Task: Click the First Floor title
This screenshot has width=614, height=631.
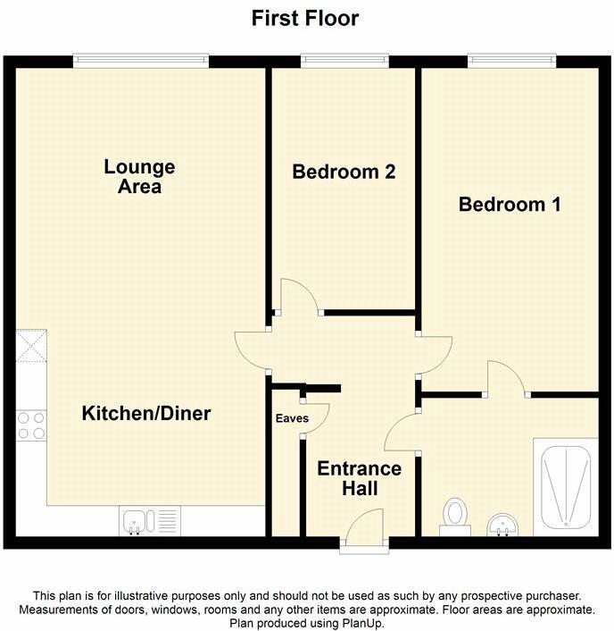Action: (305, 18)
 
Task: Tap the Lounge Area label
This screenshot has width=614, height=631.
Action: (139, 176)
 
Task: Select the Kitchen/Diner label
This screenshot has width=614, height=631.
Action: (146, 413)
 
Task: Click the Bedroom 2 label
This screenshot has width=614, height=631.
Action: (344, 172)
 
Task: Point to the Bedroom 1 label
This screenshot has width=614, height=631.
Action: (509, 205)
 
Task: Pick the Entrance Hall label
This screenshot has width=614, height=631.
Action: (360, 478)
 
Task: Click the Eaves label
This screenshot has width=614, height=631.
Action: (291, 418)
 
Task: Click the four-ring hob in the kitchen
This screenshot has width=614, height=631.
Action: (30, 425)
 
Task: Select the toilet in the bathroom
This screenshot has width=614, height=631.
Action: (456, 516)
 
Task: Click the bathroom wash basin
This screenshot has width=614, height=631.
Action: (504, 525)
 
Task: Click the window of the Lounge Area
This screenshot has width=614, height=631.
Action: (141, 61)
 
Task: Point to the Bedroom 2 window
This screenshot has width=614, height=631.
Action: (344, 61)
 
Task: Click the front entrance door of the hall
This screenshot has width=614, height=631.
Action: (362, 532)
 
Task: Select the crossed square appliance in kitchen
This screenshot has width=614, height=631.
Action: (31, 344)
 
